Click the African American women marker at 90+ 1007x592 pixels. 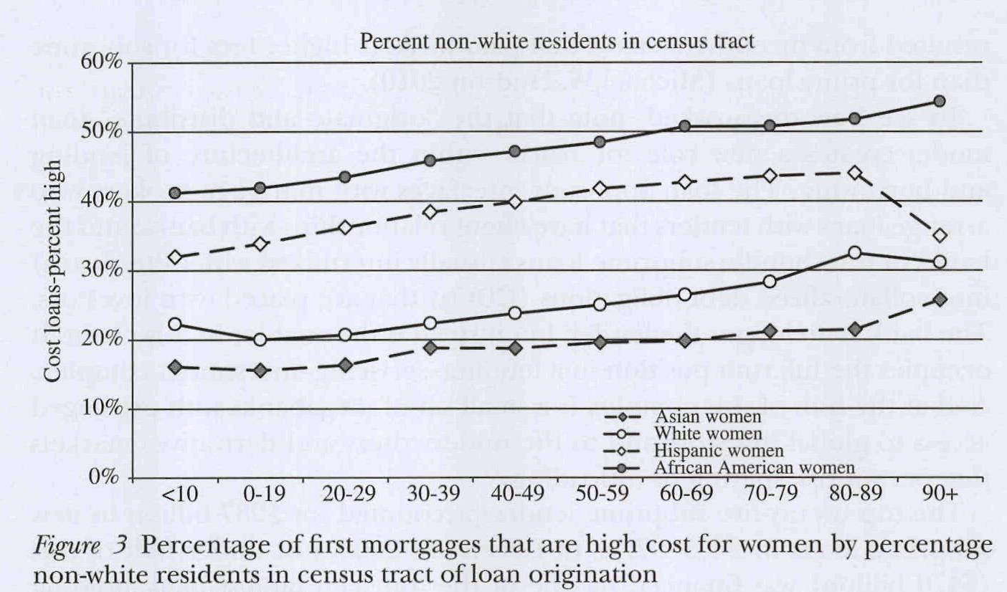coord(939,101)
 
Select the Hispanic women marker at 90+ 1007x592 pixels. coord(939,235)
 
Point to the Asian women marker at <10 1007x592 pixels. coord(174,367)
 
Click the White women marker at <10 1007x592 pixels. coord(174,324)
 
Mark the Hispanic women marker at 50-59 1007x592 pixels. coord(600,188)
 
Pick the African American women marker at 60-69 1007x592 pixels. coord(684,126)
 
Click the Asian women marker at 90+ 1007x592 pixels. coord(939,299)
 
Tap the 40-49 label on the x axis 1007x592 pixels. coord(514,496)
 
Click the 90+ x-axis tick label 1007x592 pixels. coord(939,496)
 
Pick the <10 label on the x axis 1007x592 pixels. coord(174,496)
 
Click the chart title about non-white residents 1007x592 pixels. coord(557,41)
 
